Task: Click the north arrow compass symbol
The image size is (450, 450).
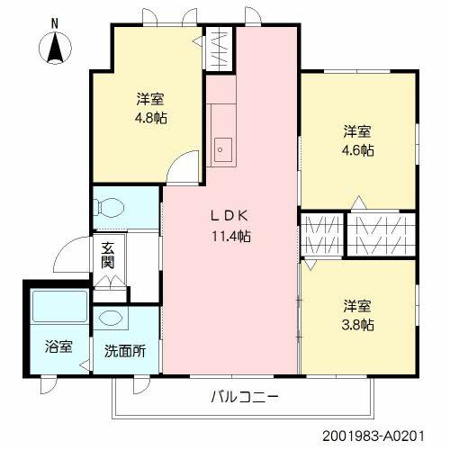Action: pyautogui.click(x=56, y=48)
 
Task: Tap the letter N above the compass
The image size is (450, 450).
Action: pyautogui.click(x=55, y=23)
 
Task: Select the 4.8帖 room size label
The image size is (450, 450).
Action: pyautogui.click(x=151, y=118)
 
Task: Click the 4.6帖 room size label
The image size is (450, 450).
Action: pyautogui.click(x=358, y=150)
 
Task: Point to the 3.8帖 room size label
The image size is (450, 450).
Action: pyautogui.click(x=358, y=324)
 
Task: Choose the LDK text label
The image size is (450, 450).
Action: pyautogui.click(x=229, y=216)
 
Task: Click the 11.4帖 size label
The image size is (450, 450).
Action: pyautogui.click(x=231, y=236)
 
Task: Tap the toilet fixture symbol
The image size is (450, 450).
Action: pyautogui.click(x=109, y=206)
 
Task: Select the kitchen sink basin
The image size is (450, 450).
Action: pyautogui.click(x=222, y=149)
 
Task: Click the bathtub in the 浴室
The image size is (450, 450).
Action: pyautogui.click(x=59, y=306)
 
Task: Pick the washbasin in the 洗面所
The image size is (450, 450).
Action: pyautogui.click(x=111, y=319)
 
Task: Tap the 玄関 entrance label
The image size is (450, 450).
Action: pyautogui.click(x=108, y=255)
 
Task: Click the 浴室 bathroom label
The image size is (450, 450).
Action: pyautogui.click(x=58, y=346)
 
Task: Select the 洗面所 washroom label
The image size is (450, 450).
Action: pyautogui.click(x=125, y=351)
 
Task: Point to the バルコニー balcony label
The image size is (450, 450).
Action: pyautogui.click(x=245, y=397)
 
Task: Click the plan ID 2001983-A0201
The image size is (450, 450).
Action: pyautogui.click(x=373, y=436)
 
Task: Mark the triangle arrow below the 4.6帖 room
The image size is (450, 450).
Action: pyautogui.click(x=359, y=202)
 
